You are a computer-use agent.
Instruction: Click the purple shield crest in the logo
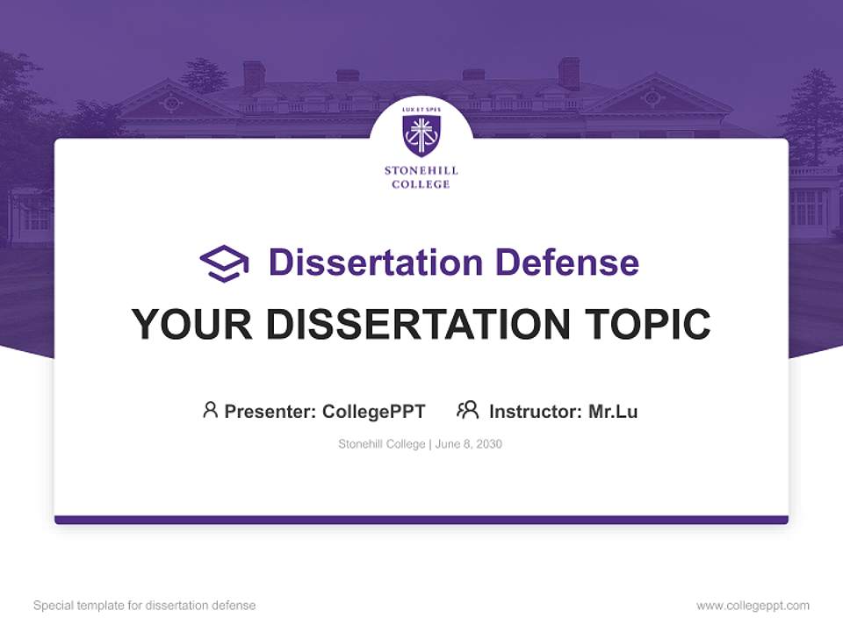(421, 136)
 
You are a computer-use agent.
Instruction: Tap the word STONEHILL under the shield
(421, 171)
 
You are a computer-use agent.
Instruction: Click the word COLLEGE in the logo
(421, 184)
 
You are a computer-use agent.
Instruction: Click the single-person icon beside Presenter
(210, 410)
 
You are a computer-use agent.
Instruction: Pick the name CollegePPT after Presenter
(374, 411)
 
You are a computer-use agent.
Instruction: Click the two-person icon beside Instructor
(468, 410)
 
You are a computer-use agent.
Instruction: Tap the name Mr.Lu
(613, 411)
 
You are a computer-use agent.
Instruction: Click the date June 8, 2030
(469, 444)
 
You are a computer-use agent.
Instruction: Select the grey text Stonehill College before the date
(382, 444)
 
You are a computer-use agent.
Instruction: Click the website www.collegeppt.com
(753, 606)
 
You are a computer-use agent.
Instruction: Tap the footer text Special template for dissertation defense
(145, 606)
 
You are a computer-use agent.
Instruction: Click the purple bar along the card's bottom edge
(421, 520)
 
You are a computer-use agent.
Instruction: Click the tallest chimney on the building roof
(569, 74)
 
